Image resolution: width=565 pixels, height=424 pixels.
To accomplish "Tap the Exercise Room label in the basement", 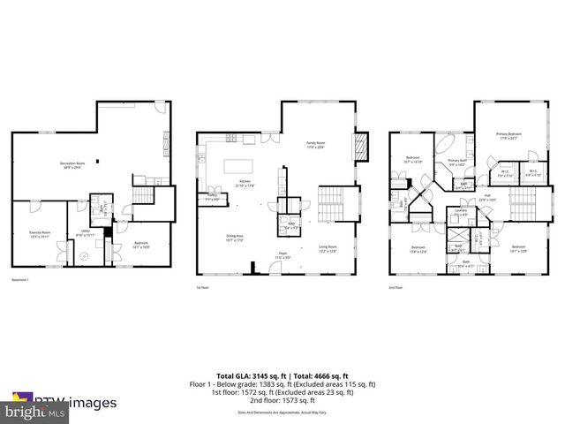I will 40,234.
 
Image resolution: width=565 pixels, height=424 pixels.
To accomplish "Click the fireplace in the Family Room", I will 360,146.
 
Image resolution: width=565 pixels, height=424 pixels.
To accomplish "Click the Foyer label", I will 284,254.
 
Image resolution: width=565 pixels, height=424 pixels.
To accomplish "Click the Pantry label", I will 213,199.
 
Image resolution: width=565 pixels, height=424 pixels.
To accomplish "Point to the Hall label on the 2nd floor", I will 486,198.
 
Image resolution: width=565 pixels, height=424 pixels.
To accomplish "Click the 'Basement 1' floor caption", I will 21,280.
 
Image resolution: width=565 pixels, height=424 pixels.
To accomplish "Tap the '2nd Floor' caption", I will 396,287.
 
